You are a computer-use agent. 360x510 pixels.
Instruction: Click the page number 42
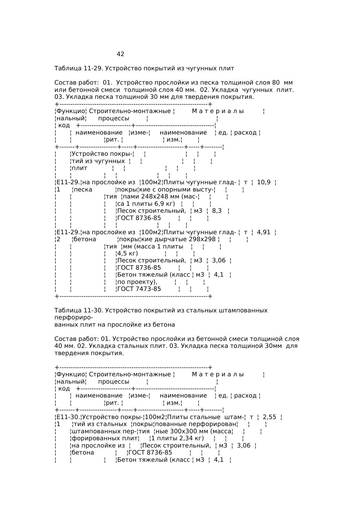[120, 54]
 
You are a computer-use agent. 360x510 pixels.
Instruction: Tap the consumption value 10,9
[264, 182]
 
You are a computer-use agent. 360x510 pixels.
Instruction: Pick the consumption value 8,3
[217, 211]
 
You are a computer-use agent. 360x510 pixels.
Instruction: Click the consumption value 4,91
[264, 232]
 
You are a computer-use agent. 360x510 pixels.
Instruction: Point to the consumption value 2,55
[269, 417]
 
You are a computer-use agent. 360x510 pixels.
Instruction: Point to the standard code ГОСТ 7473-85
[139, 289]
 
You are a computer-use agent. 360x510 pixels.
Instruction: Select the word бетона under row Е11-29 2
[85, 239]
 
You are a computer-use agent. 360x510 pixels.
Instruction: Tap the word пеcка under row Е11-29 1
[83, 190]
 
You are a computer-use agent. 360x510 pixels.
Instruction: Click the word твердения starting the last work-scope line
[72, 353]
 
